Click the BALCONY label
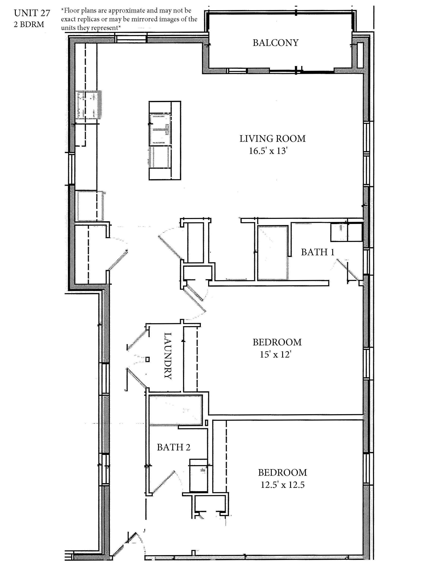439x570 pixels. click(x=275, y=43)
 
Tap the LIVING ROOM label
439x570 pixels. click(x=272, y=138)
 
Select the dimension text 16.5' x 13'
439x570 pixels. click(x=268, y=151)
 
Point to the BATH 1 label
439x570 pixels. click(x=318, y=252)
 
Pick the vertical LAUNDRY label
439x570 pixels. click(x=168, y=356)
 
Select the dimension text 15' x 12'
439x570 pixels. click(x=275, y=354)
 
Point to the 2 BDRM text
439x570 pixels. click(x=29, y=24)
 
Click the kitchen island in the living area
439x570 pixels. click(x=165, y=140)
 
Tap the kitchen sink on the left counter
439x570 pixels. click(x=88, y=105)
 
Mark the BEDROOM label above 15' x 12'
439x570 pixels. click(x=277, y=342)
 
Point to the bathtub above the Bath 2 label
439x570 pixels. click(x=176, y=410)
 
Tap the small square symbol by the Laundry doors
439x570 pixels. click(x=147, y=359)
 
